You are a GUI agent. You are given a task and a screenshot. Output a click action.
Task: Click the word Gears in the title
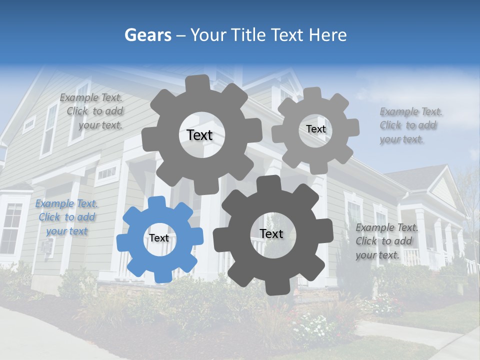tap(148, 35)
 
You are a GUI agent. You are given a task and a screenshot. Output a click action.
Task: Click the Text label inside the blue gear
tap(159, 238)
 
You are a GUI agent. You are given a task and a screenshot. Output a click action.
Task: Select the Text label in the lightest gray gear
tap(315, 129)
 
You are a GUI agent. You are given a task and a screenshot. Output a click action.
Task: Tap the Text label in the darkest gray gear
tap(271, 233)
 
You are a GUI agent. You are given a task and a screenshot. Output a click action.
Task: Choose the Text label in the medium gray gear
tap(199, 135)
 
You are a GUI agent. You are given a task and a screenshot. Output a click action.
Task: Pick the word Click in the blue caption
tap(49, 217)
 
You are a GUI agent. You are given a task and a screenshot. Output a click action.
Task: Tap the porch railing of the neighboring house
tap(411, 256)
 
